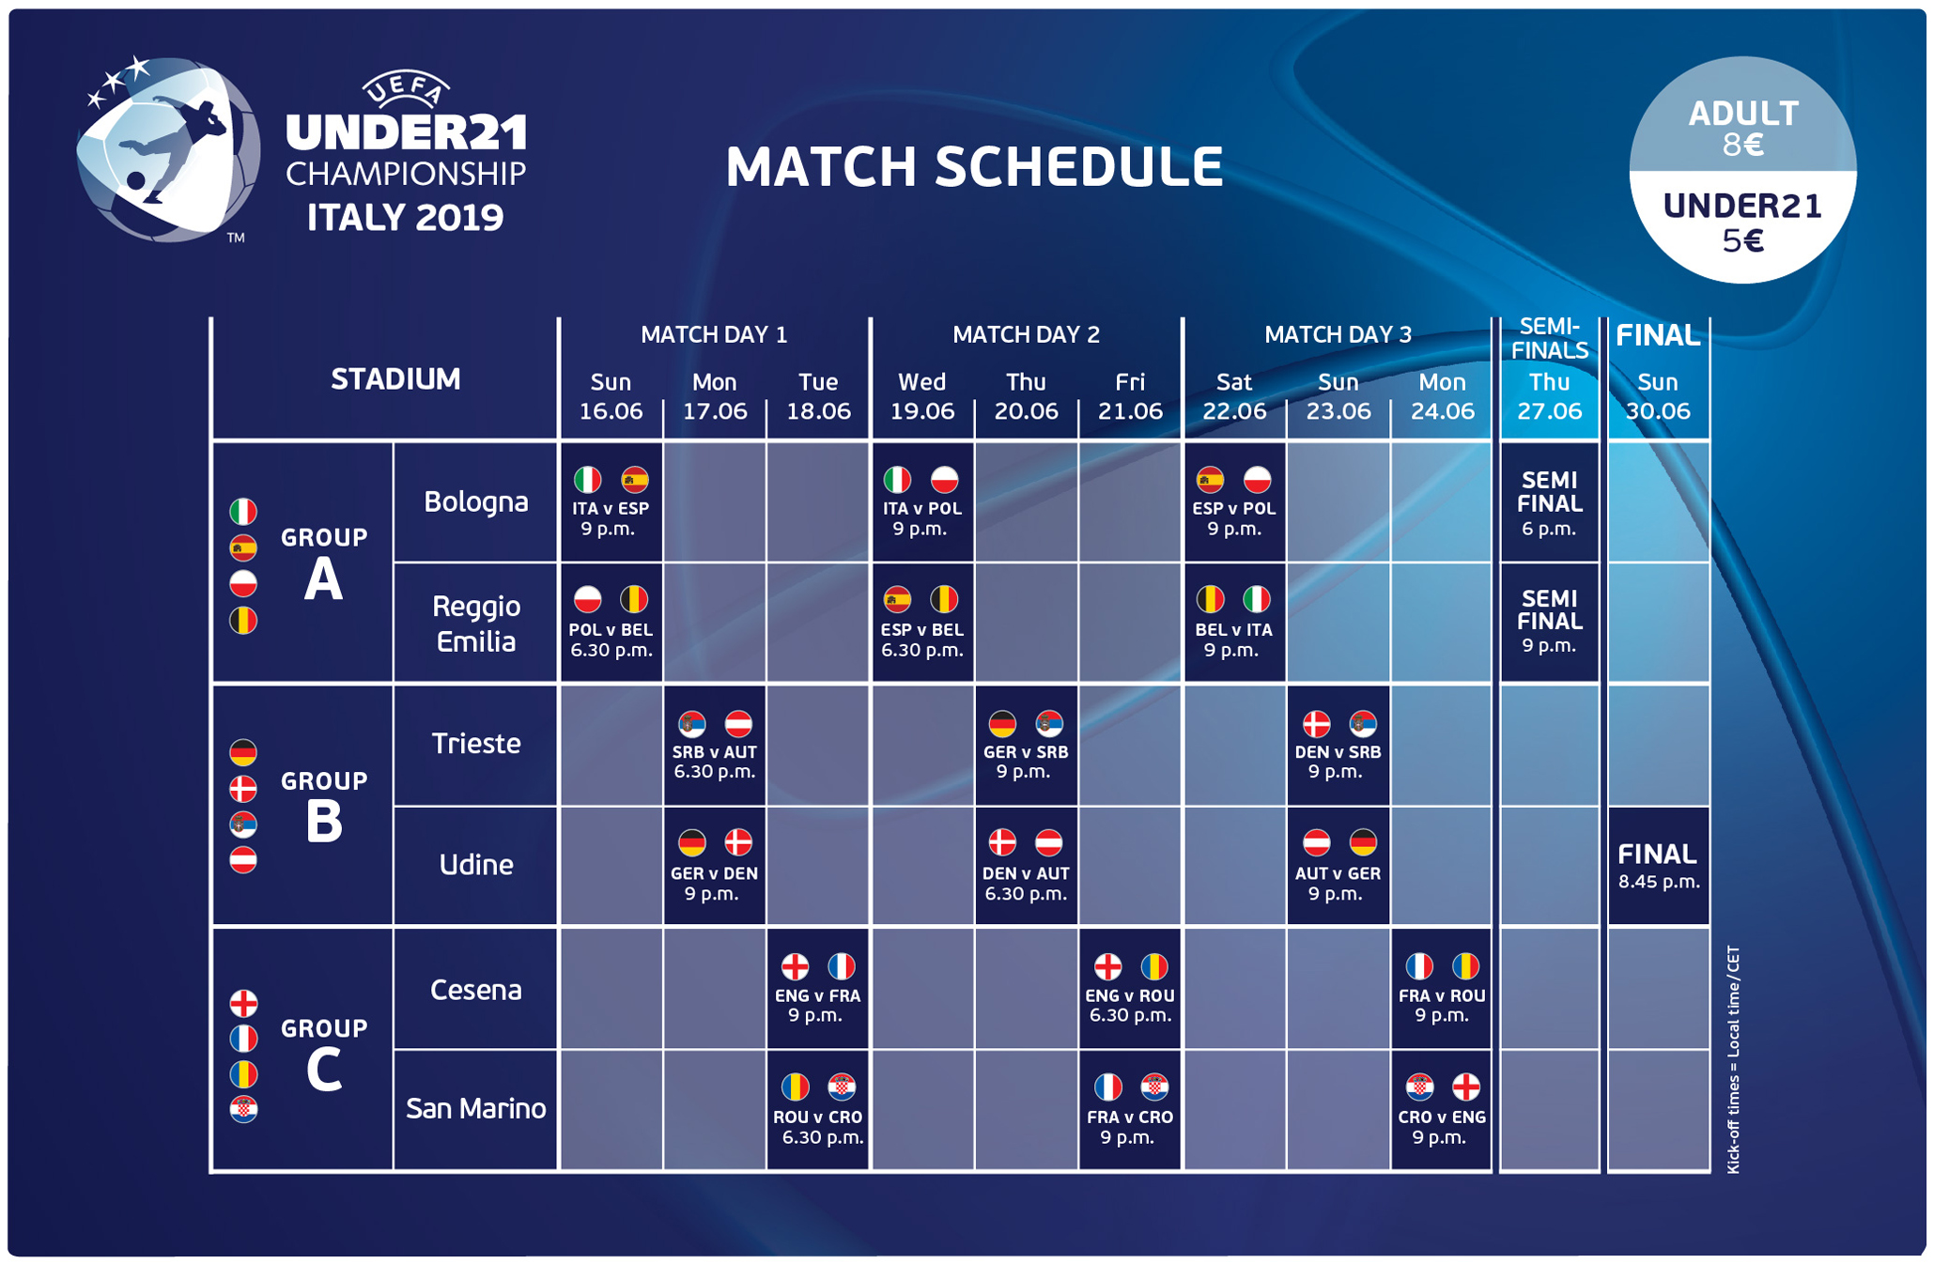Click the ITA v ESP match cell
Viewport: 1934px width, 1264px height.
point(611,501)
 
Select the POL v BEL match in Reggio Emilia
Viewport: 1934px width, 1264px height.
point(611,623)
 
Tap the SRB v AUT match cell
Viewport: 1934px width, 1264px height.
point(715,746)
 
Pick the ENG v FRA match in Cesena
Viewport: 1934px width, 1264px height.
point(817,988)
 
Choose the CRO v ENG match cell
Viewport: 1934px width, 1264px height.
point(1441,1110)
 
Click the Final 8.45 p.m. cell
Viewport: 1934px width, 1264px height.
point(1659,866)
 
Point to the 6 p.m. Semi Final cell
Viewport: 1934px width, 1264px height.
point(1550,502)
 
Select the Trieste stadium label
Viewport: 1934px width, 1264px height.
point(475,744)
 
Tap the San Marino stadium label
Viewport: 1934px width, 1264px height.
point(475,1109)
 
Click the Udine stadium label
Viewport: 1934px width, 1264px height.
point(475,864)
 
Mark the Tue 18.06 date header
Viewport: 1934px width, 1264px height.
point(818,396)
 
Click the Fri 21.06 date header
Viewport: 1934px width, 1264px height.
point(1130,396)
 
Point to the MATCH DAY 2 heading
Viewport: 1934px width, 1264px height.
point(1026,334)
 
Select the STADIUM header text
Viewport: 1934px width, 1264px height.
point(395,379)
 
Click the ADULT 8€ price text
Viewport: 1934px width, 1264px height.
point(1743,129)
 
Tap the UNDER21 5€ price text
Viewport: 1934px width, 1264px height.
point(1743,223)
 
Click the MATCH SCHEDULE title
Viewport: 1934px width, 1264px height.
point(974,166)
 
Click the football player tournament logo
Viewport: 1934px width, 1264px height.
point(167,148)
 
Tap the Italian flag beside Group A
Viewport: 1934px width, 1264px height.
point(243,512)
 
